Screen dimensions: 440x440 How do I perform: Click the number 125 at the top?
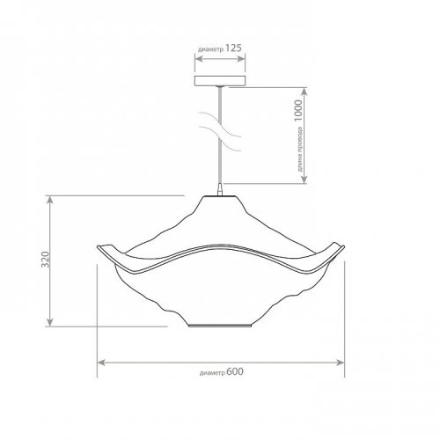[x=233, y=48]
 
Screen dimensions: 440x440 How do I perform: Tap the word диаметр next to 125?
[x=211, y=49]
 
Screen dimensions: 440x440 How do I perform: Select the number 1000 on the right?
[x=298, y=111]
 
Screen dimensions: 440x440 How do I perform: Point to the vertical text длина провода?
[x=299, y=149]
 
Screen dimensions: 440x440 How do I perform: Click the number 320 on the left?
[x=45, y=260]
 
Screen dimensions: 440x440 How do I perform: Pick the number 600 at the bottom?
[x=235, y=371]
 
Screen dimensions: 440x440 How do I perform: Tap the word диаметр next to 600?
[x=212, y=373]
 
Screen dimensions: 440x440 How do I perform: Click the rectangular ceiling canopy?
[x=220, y=81]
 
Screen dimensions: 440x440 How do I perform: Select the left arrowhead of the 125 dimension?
[x=199, y=59]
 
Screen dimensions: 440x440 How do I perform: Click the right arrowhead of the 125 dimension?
[x=241, y=59]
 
